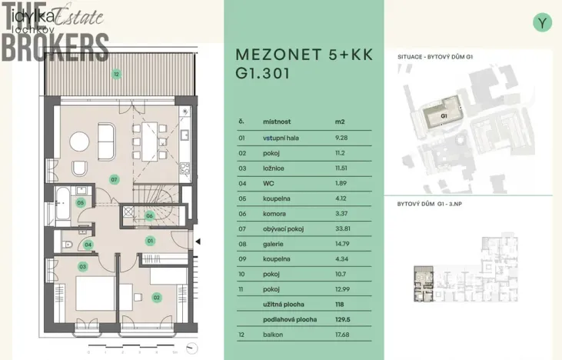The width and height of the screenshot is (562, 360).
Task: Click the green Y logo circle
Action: (x=543, y=23)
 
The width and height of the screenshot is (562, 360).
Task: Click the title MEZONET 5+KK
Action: (x=300, y=56)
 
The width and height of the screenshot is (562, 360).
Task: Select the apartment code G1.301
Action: (x=264, y=75)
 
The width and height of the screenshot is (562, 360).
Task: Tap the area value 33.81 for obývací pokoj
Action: (x=343, y=228)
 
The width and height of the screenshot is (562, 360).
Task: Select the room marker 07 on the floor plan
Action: (x=114, y=179)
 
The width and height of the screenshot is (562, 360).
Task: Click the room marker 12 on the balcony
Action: (x=116, y=75)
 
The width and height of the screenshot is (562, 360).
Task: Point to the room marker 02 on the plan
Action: (x=156, y=297)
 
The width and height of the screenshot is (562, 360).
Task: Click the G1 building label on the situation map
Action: (x=444, y=116)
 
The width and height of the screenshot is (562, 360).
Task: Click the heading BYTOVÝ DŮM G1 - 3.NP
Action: (x=434, y=205)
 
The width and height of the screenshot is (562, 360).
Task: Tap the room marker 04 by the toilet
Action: (x=88, y=245)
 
